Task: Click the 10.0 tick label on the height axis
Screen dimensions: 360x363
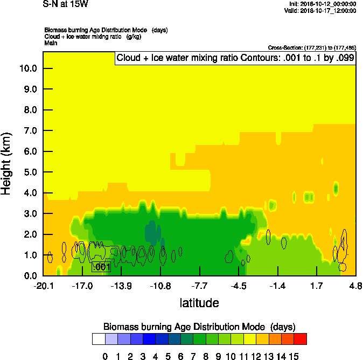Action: pyautogui.click(x=27, y=68)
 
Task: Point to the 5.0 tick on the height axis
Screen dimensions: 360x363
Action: pyautogui.click(x=30, y=172)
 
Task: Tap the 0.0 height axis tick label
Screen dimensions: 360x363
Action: pyautogui.click(x=30, y=276)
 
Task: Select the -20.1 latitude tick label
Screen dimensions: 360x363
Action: pyautogui.click(x=43, y=285)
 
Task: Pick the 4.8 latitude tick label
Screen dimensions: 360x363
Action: pyautogui.click(x=355, y=285)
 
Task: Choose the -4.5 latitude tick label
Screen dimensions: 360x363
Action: pyautogui.click(x=239, y=285)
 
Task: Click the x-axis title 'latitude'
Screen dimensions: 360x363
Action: pyautogui.click(x=199, y=303)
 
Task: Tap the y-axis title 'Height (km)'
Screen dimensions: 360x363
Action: pyautogui.click(x=7, y=163)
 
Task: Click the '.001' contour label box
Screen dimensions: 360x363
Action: pyautogui.click(x=101, y=267)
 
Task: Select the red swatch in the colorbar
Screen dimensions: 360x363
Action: pyautogui.click(x=301, y=338)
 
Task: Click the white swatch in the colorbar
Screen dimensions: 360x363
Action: pyautogui.click(x=98, y=338)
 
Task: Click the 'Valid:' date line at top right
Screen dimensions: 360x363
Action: pyautogui.click(x=320, y=10)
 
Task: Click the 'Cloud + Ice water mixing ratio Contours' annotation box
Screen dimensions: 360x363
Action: pyautogui.click(x=235, y=58)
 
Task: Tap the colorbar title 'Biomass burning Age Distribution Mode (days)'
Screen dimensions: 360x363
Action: pyautogui.click(x=199, y=327)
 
